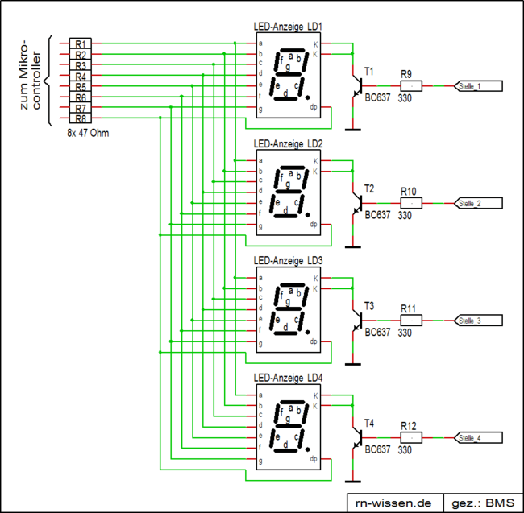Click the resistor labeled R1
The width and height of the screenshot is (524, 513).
(x=80, y=43)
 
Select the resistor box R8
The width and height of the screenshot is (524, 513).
(x=80, y=118)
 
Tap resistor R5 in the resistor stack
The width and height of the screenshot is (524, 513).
(x=80, y=86)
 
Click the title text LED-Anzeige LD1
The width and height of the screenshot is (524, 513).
(x=288, y=27)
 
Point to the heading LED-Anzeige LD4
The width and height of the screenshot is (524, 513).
(x=288, y=378)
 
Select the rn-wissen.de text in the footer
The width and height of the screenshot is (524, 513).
(x=393, y=501)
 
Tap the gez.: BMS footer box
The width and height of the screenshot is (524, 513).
(x=480, y=501)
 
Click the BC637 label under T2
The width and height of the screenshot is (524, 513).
(x=376, y=215)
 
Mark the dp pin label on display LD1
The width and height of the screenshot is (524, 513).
(x=314, y=107)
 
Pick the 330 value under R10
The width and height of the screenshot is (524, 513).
(x=405, y=215)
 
